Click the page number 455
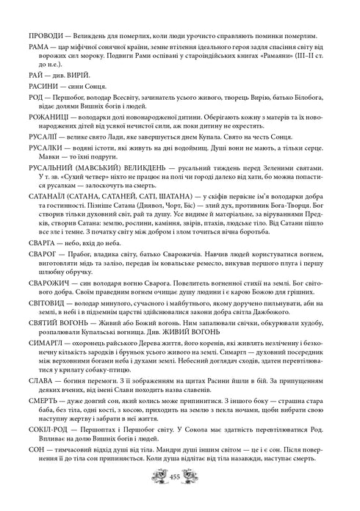click(x=180, y=497)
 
